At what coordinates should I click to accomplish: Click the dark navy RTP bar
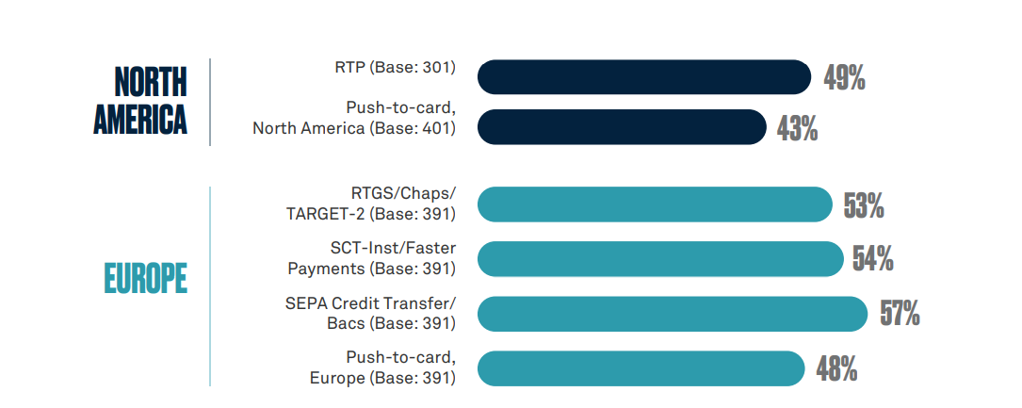tap(644, 77)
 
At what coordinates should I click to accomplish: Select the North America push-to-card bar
tap(622, 126)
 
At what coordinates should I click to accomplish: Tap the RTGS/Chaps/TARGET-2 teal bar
tap(655, 204)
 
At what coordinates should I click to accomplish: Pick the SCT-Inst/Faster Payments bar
tap(660, 259)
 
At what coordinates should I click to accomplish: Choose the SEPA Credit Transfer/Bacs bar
tap(673, 314)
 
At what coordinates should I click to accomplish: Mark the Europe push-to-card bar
tap(641, 368)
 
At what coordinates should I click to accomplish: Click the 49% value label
tap(844, 77)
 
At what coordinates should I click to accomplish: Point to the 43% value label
tap(797, 129)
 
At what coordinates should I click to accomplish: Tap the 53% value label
tap(864, 205)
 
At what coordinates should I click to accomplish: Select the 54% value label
tap(873, 259)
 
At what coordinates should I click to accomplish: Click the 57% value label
tap(900, 314)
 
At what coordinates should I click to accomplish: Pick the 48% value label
tap(836, 368)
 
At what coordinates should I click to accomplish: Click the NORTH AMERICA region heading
tap(140, 100)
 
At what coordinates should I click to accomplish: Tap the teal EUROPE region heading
tap(145, 278)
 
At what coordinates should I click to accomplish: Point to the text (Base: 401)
tap(413, 128)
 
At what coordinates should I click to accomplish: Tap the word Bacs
tap(344, 322)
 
